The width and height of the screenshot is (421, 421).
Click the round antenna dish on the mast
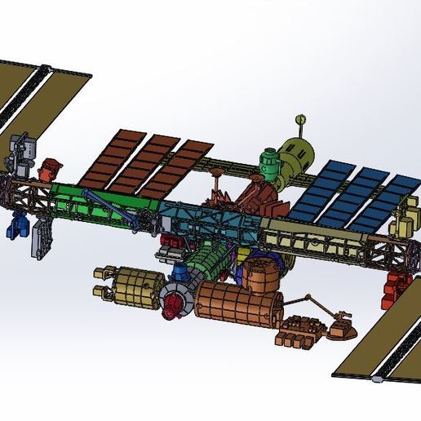point(302,118)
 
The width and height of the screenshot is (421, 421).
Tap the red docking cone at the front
point(171,308)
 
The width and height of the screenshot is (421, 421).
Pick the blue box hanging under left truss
point(16,224)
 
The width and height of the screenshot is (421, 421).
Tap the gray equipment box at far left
point(24,152)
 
